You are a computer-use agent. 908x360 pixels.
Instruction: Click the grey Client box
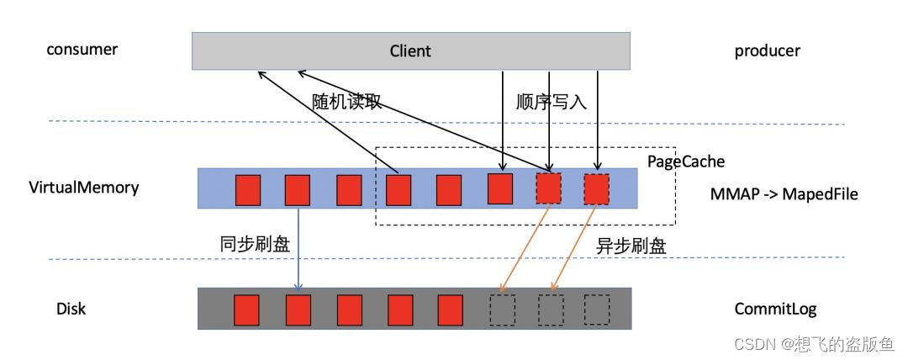pyautogui.click(x=410, y=50)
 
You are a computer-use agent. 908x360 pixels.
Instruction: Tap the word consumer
pyautogui.click(x=82, y=49)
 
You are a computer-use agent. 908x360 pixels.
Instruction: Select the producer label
pyautogui.click(x=767, y=50)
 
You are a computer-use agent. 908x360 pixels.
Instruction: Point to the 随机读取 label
pyautogui.click(x=347, y=102)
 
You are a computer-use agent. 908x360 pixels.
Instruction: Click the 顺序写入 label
pyautogui.click(x=551, y=102)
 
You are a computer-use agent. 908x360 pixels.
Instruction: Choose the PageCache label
pyautogui.click(x=685, y=160)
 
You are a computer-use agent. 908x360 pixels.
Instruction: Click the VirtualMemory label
pyautogui.click(x=83, y=187)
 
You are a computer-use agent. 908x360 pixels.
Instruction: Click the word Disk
pyautogui.click(x=71, y=310)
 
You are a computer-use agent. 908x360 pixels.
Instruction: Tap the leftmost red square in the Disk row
pyautogui.click(x=245, y=309)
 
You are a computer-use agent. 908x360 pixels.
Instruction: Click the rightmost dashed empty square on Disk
pyautogui.click(x=597, y=309)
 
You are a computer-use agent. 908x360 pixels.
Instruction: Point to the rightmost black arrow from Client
pyautogui.click(x=597, y=118)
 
